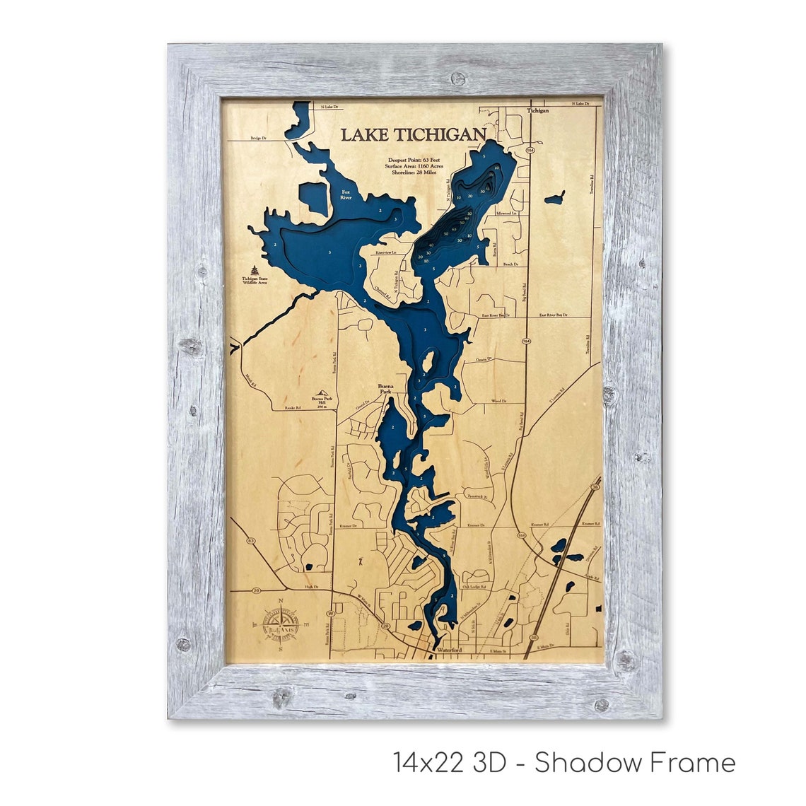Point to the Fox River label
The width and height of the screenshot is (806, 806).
coord(346,194)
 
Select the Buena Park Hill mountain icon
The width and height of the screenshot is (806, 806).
coord(325,393)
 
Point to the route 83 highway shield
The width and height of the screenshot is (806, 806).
coord(251,541)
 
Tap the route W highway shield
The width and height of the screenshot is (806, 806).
coord(329,614)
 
